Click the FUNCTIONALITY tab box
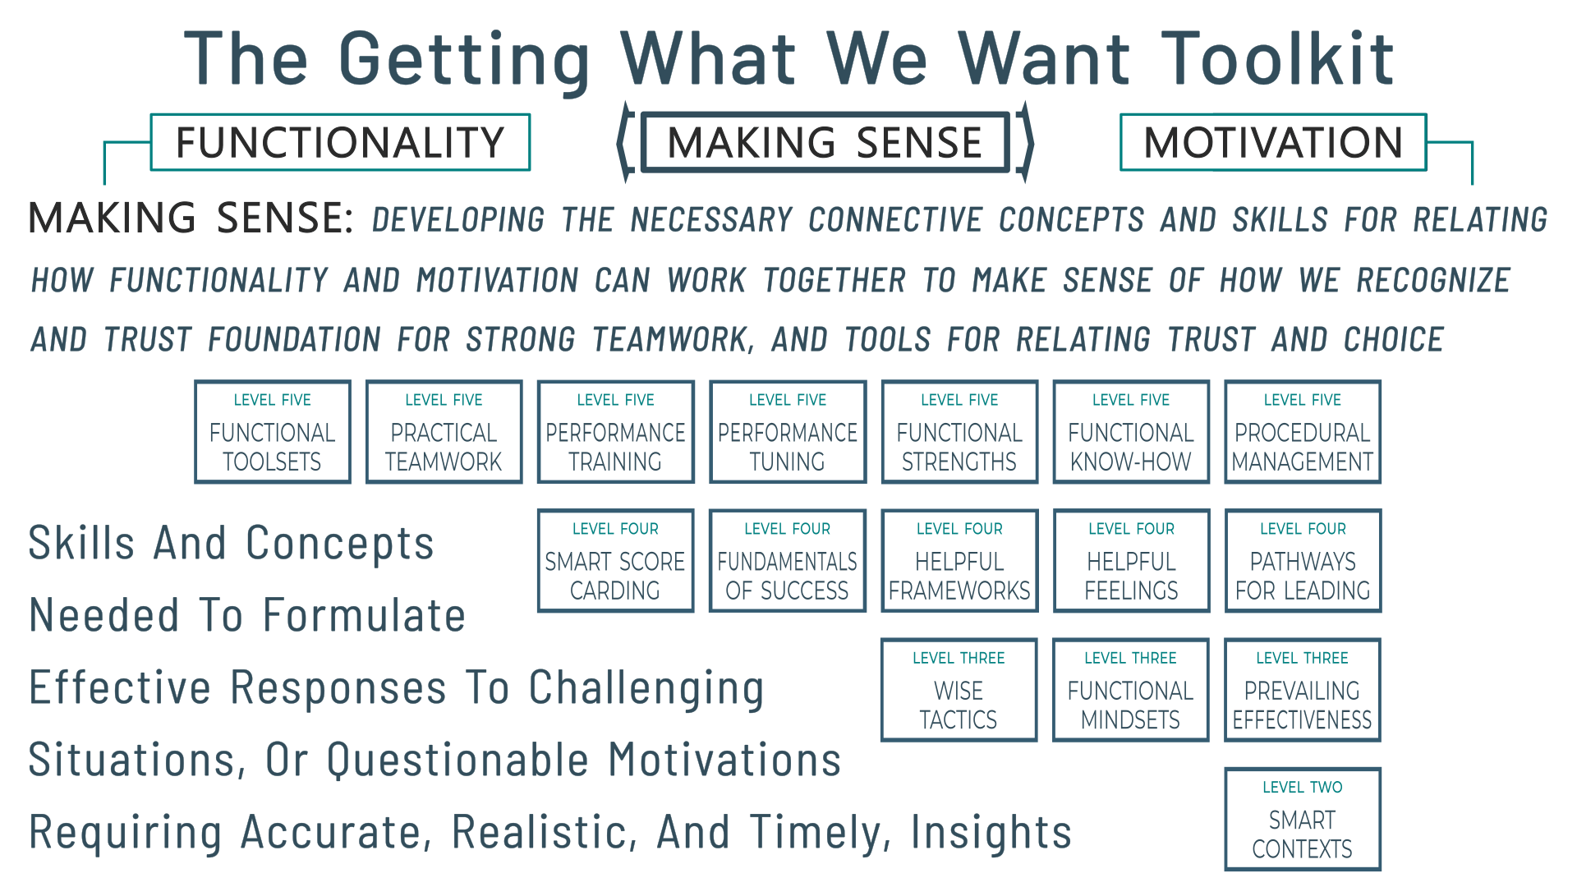tap(340, 142)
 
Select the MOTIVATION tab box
tap(1273, 142)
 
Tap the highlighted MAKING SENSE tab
tap(825, 142)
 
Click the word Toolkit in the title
tap(1278, 59)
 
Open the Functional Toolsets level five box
tap(273, 432)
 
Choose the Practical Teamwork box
tap(444, 432)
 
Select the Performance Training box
tap(616, 432)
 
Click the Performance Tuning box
tap(788, 432)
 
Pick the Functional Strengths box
tap(959, 432)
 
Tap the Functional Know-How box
tap(1131, 432)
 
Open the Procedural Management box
tap(1303, 432)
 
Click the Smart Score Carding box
tap(616, 561)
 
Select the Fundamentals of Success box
tap(788, 561)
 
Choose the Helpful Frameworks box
tap(959, 561)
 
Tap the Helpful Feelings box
tap(1131, 561)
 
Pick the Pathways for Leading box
tap(1303, 561)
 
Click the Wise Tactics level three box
tap(959, 690)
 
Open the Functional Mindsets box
tap(1131, 690)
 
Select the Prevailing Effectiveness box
tap(1303, 690)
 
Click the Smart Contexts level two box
tap(1303, 819)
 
